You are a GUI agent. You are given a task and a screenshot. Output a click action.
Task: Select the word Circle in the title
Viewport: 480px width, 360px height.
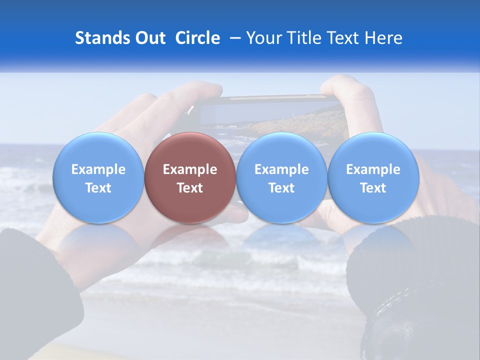(x=197, y=38)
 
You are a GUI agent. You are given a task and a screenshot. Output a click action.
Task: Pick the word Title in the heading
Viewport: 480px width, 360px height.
(x=305, y=38)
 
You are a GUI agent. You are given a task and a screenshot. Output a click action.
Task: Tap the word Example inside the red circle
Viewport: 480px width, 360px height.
(x=190, y=169)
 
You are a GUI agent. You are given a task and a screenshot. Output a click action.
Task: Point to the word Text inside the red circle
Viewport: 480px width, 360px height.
(x=190, y=188)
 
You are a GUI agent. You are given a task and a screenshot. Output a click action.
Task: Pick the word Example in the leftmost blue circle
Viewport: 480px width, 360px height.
(x=98, y=169)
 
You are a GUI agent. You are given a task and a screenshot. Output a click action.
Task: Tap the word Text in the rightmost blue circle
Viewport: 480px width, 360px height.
(x=373, y=188)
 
